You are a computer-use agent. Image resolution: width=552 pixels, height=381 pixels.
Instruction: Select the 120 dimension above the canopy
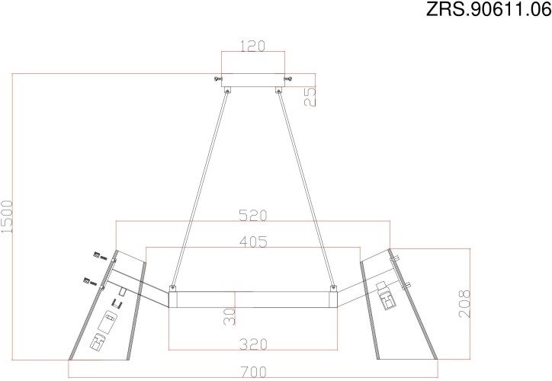(x=252, y=46)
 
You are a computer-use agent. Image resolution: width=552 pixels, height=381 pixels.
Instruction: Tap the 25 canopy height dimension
(x=310, y=96)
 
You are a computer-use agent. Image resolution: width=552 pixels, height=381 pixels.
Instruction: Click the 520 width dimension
(x=252, y=216)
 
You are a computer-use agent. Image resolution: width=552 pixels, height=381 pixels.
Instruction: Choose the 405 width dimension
(x=252, y=242)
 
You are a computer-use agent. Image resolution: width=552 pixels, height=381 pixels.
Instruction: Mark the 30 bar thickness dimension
(x=229, y=315)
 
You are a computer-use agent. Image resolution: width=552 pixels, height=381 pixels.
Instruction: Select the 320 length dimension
(x=252, y=344)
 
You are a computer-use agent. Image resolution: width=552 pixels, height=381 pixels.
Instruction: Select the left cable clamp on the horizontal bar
(x=172, y=290)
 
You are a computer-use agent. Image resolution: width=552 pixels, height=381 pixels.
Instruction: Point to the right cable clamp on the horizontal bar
(x=333, y=290)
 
